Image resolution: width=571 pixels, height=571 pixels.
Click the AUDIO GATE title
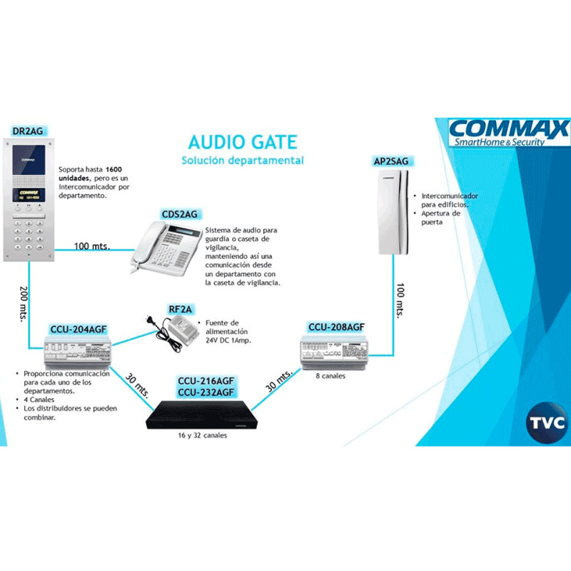[x=242, y=141]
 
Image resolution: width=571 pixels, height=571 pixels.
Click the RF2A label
[x=180, y=309]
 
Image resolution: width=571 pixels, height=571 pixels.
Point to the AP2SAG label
[x=391, y=161]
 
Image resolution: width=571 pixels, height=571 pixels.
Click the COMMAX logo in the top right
[x=508, y=132]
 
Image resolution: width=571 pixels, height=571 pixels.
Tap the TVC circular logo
[x=547, y=422]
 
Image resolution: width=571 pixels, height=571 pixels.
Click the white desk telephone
[x=166, y=247]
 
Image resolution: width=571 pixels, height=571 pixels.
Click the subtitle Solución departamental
[x=242, y=160]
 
